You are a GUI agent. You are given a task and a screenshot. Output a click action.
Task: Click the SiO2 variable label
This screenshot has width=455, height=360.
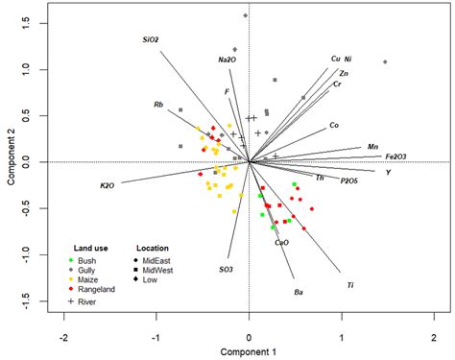(x=150, y=40)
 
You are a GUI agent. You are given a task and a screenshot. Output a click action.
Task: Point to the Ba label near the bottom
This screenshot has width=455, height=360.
(x=299, y=291)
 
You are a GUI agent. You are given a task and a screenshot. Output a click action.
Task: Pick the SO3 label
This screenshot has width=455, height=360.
(x=226, y=270)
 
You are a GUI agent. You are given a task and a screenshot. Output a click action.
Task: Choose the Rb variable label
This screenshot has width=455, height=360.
(x=159, y=104)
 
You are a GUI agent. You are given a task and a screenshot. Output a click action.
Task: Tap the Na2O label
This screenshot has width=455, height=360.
(x=227, y=60)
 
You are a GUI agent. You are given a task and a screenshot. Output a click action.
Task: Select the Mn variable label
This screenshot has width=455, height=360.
(x=372, y=147)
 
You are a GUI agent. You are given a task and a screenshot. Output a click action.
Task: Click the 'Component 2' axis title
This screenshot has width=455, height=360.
(x=9, y=158)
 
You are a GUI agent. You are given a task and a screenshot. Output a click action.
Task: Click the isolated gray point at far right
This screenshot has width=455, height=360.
(x=385, y=62)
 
